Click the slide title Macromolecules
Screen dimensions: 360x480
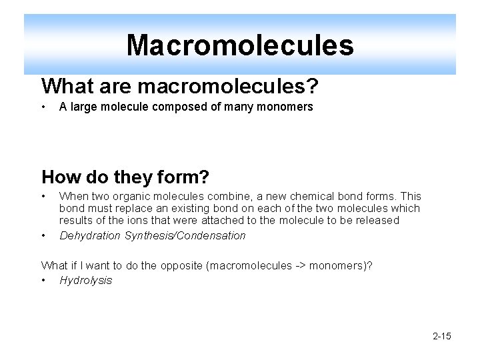(240, 45)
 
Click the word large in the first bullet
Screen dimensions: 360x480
(83, 107)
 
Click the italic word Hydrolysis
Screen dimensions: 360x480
(85, 280)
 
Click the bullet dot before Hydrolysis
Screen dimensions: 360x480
(44, 281)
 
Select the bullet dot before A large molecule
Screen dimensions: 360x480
(44, 107)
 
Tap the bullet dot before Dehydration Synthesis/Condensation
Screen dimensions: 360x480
(44, 235)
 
